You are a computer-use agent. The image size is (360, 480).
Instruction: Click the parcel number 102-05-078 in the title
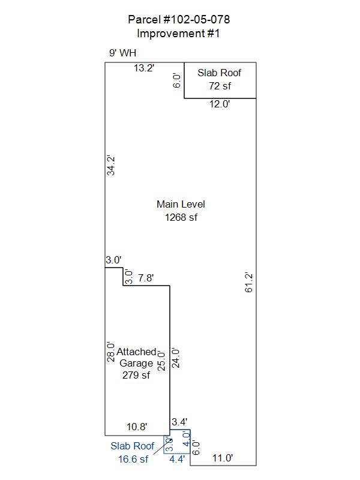[196, 20]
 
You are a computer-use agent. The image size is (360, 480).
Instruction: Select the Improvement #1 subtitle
[178, 34]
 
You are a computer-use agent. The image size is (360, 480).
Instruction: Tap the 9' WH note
[123, 53]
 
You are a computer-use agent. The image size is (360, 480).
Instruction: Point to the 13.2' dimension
[144, 68]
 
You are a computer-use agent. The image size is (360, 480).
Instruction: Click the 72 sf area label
[220, 86]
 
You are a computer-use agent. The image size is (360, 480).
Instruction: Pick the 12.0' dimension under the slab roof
[220, 104]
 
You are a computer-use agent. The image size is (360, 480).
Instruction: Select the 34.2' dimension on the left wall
[111, 166]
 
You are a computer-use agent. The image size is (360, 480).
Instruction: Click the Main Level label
[181, 204]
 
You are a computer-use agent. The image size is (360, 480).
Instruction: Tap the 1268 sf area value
[181, 217]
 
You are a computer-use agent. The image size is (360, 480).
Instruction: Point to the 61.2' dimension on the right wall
[248, 283]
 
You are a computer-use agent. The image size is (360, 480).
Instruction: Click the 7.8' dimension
[146, 278]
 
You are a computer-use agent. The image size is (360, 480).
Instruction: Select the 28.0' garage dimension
[111, 352]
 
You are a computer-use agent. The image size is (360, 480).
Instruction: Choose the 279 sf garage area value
[136, 375]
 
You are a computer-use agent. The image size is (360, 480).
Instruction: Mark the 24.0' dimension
[175, 358]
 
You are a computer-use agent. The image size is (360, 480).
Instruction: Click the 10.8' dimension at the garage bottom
[137, 427]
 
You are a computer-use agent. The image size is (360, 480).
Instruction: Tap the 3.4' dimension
[179, 422]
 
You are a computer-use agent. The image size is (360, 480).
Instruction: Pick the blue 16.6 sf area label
[133, 459]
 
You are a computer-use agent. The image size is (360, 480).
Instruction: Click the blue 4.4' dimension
[177, 459]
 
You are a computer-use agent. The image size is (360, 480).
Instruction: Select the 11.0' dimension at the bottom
[223, 458]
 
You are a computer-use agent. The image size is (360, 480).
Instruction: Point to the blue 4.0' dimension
[186, 439]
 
